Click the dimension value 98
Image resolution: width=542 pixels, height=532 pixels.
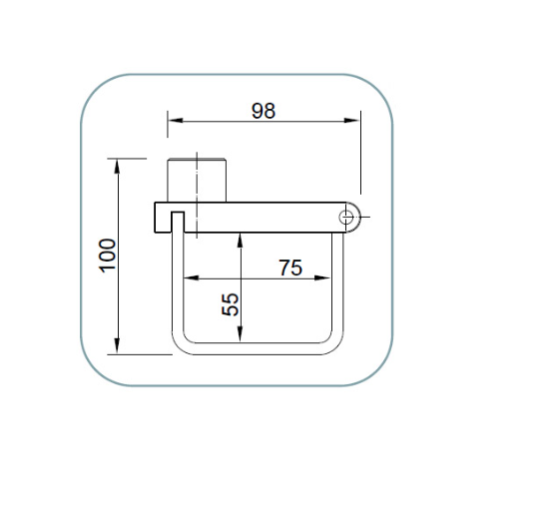[263, 111]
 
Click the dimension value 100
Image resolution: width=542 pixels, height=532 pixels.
[108, 255]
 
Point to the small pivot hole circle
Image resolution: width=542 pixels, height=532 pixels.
[347, 217]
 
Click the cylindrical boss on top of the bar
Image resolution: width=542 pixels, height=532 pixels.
[198, 179]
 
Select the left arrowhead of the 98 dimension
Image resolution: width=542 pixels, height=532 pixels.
[173, 121]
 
